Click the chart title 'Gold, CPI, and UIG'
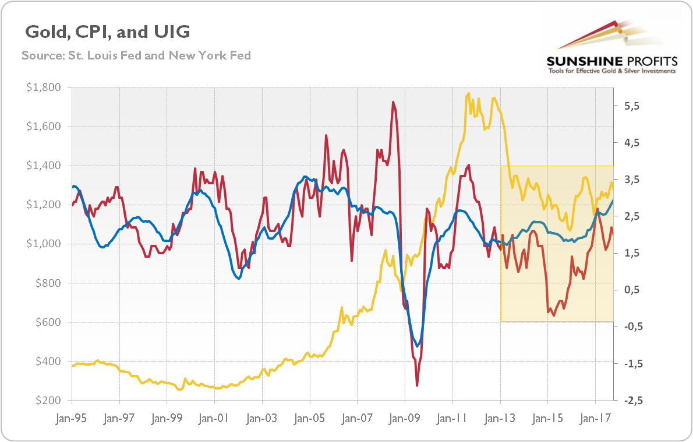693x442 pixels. click(x=106, y=32)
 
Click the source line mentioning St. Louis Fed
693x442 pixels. click(x=136, y=55)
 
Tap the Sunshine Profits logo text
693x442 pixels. click(x=611, y=61)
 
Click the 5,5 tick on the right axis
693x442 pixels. click(x=632, y=106)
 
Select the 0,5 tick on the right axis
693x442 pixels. click(x=632, y=290)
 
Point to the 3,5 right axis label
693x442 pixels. click(x=632, y=180)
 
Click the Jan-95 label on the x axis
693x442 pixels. click(x=72, y=418)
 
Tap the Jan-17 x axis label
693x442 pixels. click(x=595, y=418)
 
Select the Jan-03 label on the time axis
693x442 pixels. click(x=261, y=418)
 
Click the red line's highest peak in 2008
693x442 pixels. click(x=394, y=103)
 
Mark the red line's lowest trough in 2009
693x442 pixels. click(x=417, y=385)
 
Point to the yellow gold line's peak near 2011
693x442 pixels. click(x=468, y=93)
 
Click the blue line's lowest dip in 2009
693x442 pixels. click(x=417, y=346)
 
